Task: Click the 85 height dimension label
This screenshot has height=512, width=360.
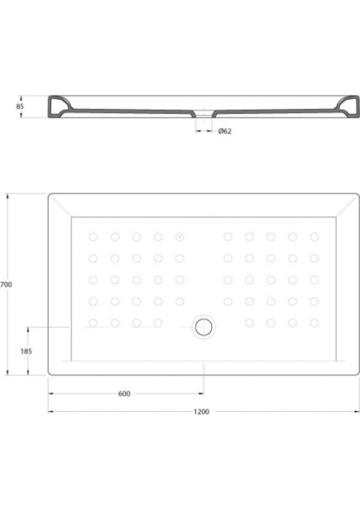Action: point(20,107)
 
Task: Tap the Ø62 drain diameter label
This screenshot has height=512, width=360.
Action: point(225,131)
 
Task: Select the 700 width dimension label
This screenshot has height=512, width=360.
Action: point(6,285)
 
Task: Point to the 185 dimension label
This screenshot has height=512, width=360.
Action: point(26,351)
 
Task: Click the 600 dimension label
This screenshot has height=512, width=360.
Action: point(124,394)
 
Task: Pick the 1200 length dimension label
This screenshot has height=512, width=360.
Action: point(201,412)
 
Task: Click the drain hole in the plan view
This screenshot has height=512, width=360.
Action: point(204,327)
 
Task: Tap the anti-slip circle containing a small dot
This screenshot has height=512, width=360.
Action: point(179,237)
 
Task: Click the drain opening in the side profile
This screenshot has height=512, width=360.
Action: point(204,114)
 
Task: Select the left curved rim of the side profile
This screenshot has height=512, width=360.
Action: point(59,107)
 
